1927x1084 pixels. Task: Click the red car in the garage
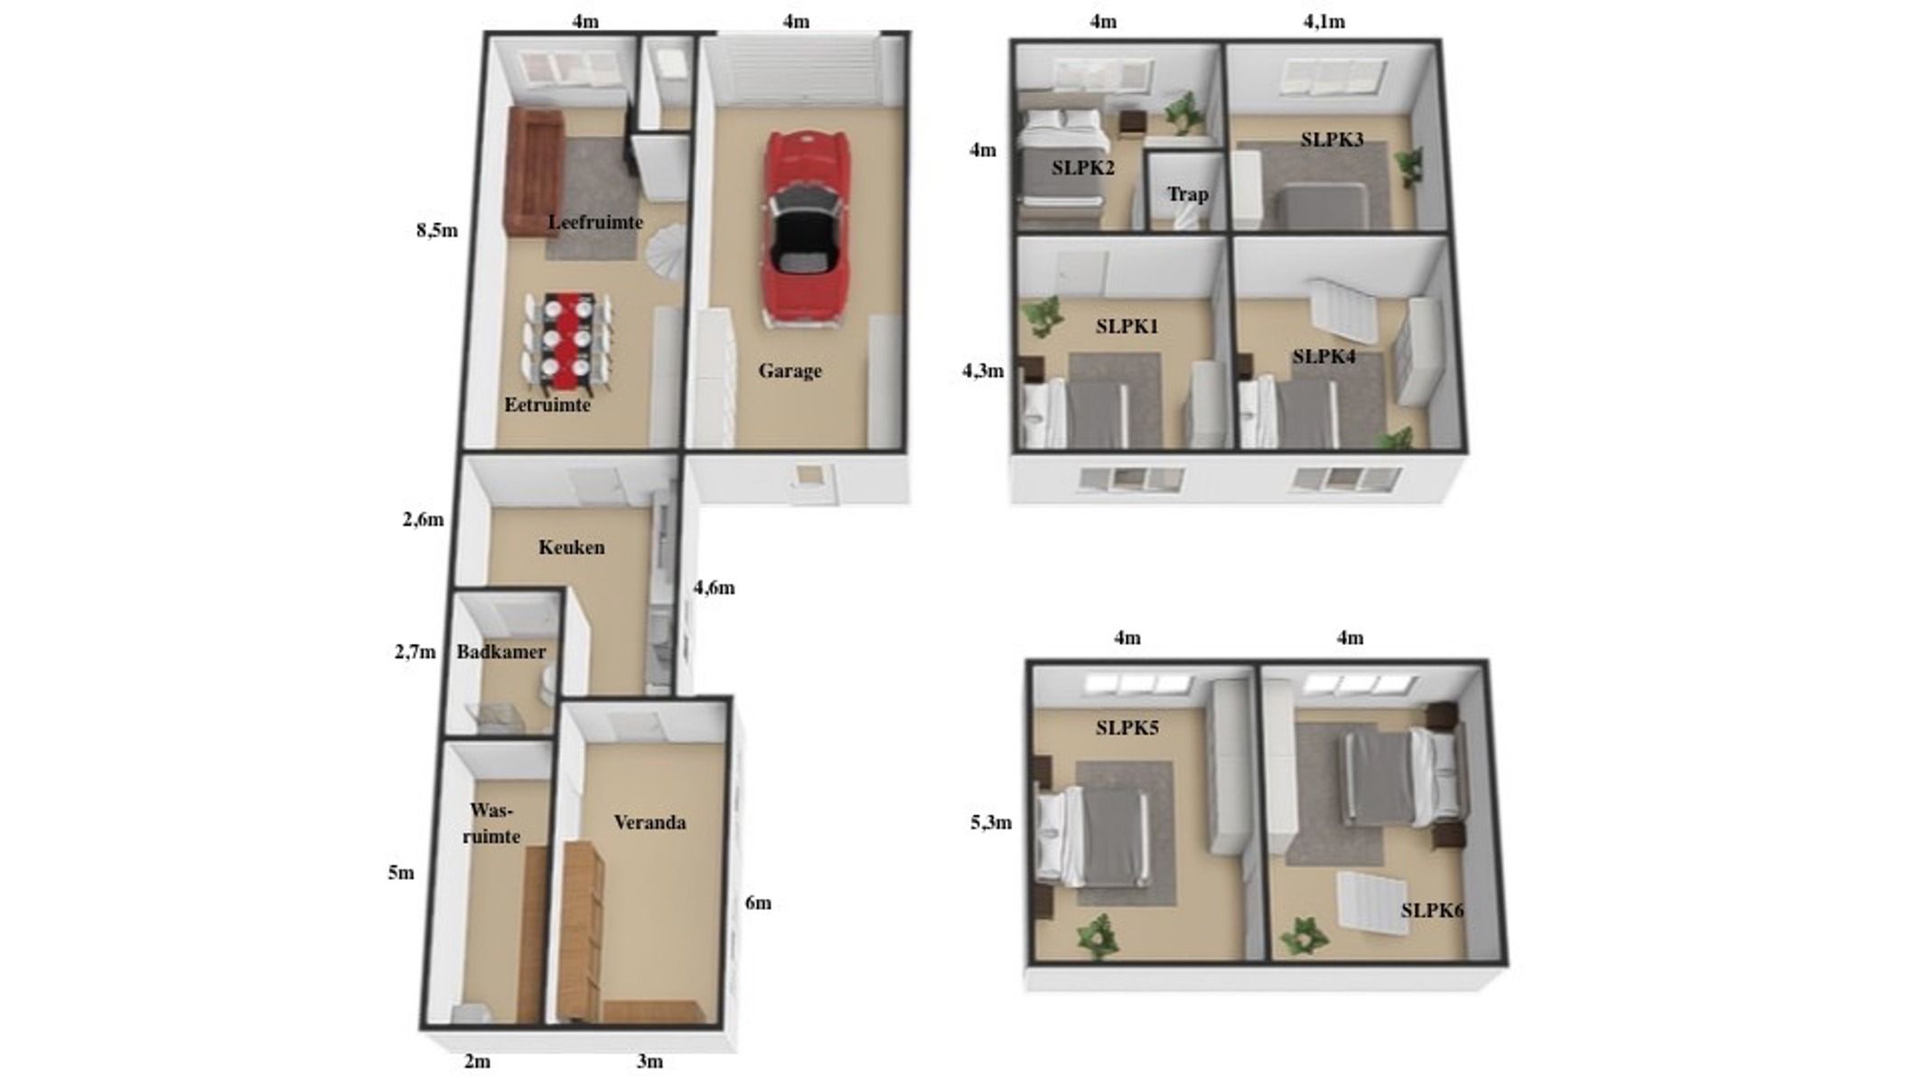point(806,226)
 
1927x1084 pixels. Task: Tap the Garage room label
point(790,370)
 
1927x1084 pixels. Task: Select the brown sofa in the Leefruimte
point(534,171)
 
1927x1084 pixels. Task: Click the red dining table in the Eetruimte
point(567,341)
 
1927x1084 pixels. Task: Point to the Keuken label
point(571,547)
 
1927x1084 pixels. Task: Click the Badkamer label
point(500,652)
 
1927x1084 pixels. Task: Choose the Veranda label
point(650,823)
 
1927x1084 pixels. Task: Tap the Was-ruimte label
point(491,824)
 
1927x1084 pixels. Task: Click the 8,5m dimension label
point(437,230)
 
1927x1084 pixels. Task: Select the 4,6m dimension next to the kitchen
point(714,588)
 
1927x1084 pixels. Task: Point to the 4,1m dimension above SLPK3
point(1324,22)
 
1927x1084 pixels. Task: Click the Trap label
point(1187,194)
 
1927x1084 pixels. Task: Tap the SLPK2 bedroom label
point(1082,168)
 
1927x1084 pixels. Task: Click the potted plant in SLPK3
point(1408,168)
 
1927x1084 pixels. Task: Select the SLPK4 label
point(1324,357)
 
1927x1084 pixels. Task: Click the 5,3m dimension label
point(991,823)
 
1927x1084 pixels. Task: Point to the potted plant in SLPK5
point(1098,937)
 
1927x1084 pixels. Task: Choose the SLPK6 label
point(1432,911)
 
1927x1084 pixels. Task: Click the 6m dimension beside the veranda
point(758,903)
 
